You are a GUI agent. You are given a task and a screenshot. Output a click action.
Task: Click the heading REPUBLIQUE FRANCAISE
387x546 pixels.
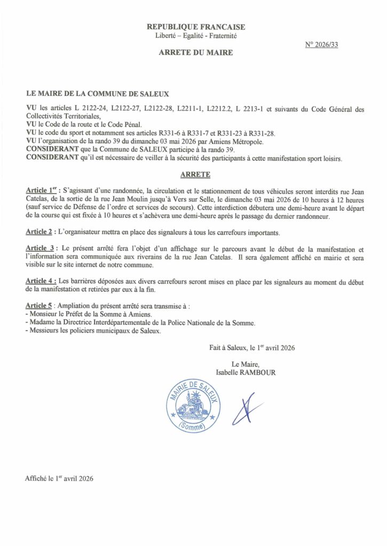point(196,27)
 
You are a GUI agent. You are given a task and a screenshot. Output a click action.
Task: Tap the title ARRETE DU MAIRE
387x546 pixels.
point(196,53)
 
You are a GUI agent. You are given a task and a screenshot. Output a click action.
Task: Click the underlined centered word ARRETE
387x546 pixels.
point(195,174)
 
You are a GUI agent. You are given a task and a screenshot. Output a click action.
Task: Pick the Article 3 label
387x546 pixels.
point(41,249)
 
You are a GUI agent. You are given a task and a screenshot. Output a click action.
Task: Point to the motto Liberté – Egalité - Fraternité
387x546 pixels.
point(195,36)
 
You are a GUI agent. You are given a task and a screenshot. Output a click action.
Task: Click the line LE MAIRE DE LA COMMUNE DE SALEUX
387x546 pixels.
point(97,93)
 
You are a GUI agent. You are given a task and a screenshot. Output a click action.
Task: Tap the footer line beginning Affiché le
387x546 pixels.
point(59,478)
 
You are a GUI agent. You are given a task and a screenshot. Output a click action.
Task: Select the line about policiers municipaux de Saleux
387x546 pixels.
point(93,331)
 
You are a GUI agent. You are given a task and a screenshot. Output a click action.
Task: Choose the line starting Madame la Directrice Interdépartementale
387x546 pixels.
point(140,323)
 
